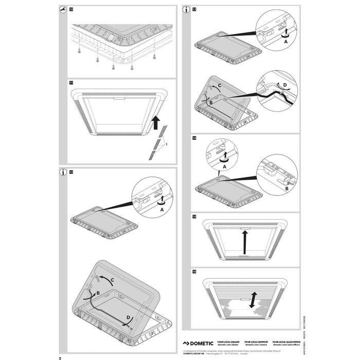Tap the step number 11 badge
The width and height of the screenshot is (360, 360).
point(71,82)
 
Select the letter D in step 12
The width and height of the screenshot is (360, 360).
point(129,318)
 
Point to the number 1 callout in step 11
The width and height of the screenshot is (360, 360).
point(166,146)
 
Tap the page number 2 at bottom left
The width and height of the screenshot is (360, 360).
point(60,357)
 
